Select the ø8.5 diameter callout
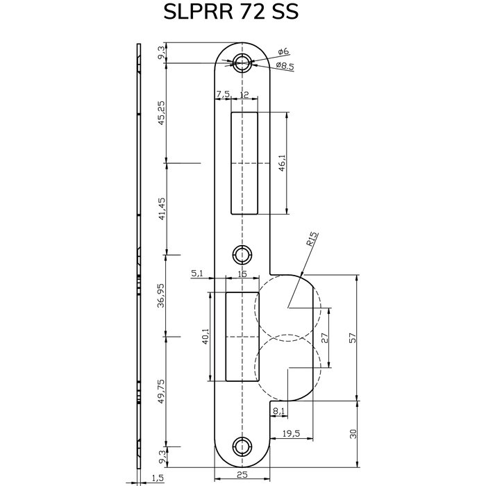pos(286,66)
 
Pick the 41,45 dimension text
pos(161,208)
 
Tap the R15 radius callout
pos(311,240)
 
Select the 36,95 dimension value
pos(161,296)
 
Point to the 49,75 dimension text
pos(161,392)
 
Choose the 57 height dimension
pos(353,337)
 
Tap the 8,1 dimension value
pos(278,412)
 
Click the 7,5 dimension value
pos(223,94)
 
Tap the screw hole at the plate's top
pos(242,63)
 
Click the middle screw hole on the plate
pos(242,253)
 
